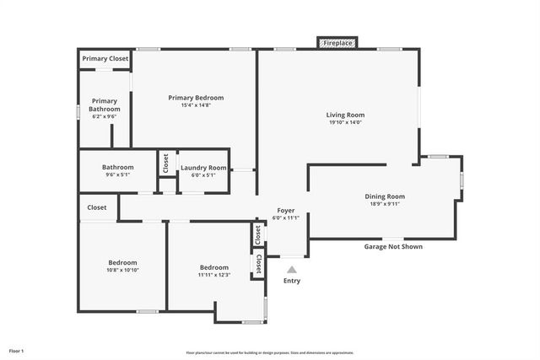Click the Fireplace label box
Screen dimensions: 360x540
click(x=337, y=42)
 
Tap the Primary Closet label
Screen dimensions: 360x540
click(x=105, y=59)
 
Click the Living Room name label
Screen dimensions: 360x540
click(x=345, y=115)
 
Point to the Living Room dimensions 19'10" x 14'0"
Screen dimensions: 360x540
click(x=345, y=122)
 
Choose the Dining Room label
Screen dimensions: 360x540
click(x=385, y=196)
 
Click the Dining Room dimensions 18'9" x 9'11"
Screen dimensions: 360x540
click(x=385, y=204)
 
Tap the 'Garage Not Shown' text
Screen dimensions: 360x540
click(x=393, y=247)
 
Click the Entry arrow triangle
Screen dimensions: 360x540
click(x=292, y=269)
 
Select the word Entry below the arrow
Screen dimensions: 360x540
click(x=292, y=281)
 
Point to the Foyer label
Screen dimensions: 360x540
click(x=286, y=211)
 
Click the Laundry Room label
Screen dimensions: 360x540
click(x=203, y=168)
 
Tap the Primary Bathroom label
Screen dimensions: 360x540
click(x=105, y=105)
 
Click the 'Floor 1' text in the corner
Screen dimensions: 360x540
click(x=16, y=350)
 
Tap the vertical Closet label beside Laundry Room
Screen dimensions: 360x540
click(x=166, y=163)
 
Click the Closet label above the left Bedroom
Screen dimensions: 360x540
click(x=97, y=207)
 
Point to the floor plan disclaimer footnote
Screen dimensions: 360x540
click(x=270, y=352)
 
